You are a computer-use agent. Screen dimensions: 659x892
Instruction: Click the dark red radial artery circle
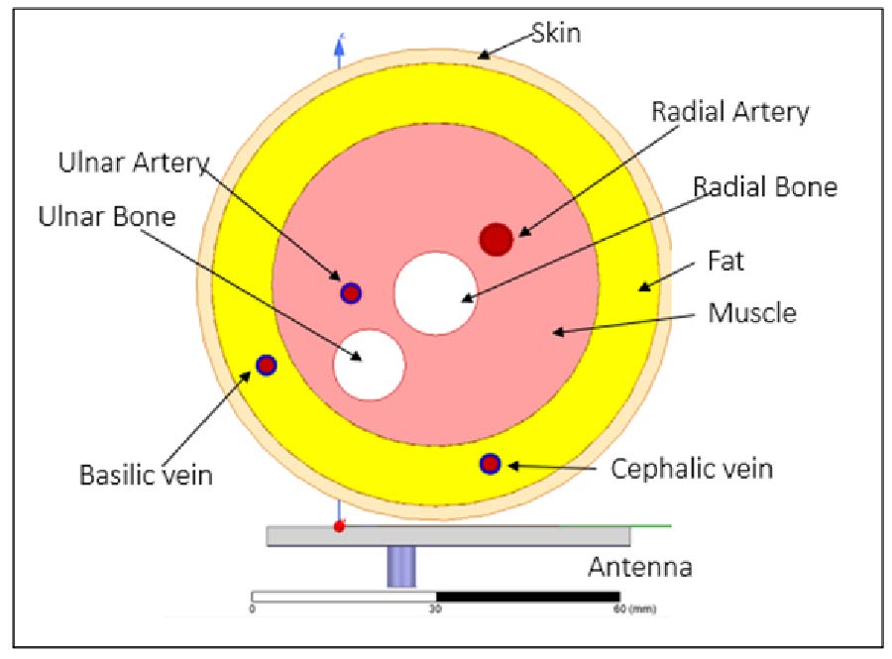tap(497, 239)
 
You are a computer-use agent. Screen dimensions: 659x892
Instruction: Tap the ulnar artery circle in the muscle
tap(351, 292)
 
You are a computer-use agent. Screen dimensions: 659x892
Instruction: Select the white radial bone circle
tap(434, 292)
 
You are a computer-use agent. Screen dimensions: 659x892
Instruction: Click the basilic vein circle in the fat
tap(266, 365)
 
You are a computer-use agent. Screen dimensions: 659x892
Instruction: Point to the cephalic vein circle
tap(490, 464)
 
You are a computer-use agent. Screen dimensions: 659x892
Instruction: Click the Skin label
tap(555, 33)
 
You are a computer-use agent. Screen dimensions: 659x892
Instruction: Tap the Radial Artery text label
tap(729, 111)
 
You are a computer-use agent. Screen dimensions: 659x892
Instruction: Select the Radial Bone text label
tap(764, 186)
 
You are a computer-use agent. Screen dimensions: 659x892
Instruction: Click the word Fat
tap(725, 262)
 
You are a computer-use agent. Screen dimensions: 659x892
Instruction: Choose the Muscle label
tap(751, 313)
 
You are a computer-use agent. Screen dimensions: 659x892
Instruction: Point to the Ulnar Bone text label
tap(107, 215)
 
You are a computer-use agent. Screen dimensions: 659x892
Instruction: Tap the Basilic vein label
tap(146, 475)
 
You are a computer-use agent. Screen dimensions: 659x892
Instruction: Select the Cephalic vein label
tap(691, 467)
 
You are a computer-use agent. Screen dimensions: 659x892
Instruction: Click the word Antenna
tap(639, 568)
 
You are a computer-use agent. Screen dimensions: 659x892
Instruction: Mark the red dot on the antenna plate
tap(339, 525)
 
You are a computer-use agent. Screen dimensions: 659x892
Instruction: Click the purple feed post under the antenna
tap(400, 567)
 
